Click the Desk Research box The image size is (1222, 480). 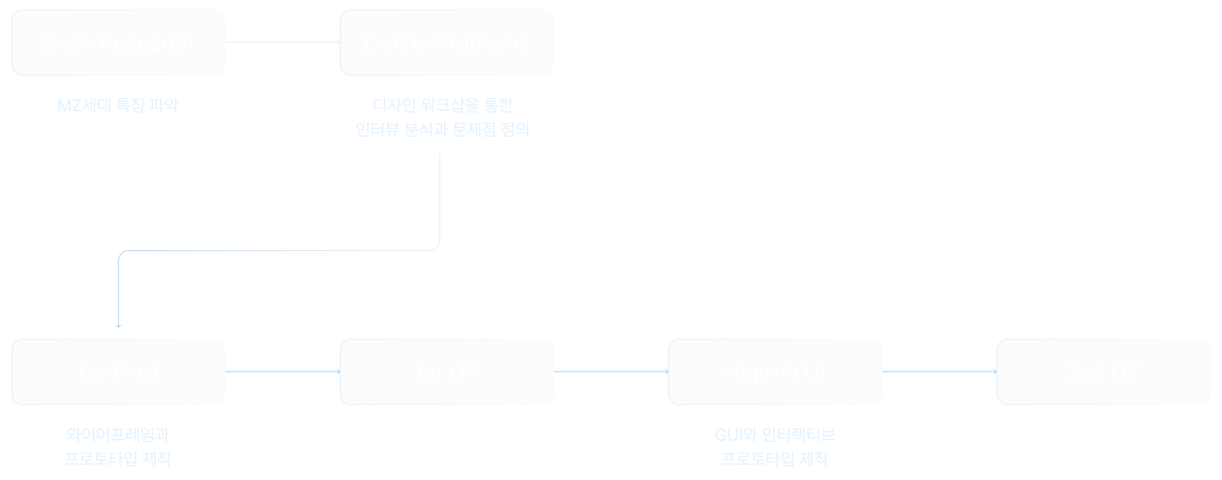118,42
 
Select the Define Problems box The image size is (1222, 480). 447,42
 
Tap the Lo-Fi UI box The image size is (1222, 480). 118,372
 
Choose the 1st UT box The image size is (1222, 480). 447,372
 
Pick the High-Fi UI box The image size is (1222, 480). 774,372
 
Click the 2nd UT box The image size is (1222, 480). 1103,372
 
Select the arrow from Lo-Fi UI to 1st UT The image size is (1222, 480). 283,372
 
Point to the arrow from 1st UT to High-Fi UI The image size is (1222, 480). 610,372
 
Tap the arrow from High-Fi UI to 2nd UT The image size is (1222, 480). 939,372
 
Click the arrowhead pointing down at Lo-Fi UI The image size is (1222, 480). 118,325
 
